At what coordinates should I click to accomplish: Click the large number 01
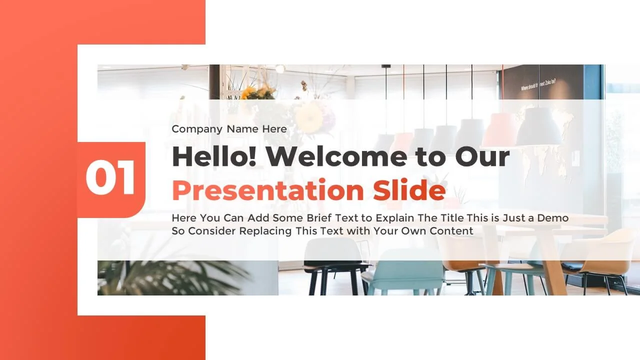(110, 177)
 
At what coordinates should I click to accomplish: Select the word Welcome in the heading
(337, 156)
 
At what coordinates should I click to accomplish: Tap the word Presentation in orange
(267, 190)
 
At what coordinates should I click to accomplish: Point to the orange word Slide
(409, 189)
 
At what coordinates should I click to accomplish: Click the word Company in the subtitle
(197, 129)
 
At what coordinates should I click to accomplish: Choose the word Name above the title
(242, 129)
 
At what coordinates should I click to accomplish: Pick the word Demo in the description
(553, 218)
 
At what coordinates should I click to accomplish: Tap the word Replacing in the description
(265, 231)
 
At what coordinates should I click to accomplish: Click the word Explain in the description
(395, 218)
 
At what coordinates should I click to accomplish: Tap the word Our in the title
(482, 156)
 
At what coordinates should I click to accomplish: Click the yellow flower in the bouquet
(308, 117)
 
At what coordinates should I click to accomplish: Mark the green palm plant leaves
(171, 277)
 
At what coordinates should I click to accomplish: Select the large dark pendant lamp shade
(538, 126)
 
